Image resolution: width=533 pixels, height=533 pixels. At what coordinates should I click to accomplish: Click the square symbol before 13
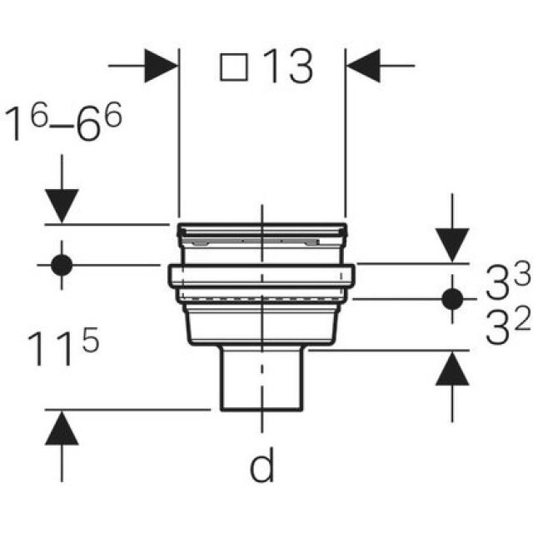tap(235, 67)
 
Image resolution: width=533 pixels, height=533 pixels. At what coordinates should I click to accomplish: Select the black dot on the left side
tap(62, 265)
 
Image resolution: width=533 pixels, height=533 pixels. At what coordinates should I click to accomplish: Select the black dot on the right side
tap(452, 297)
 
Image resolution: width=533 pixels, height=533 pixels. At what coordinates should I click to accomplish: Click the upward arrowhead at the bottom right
tap(452, 369)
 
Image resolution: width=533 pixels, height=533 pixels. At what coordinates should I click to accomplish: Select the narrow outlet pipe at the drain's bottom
tap(262, 379)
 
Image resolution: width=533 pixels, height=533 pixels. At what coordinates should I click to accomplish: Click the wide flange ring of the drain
tap(262, 275)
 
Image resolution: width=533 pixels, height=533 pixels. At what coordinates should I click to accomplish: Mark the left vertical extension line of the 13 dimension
tap(179, 142)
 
